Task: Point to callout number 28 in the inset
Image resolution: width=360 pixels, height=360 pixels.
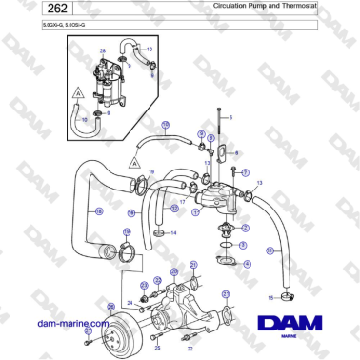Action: coord(103,50)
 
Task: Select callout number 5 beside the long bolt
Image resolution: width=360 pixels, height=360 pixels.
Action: coord(230,116)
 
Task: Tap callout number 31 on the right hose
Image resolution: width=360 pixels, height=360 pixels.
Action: coord(270,250)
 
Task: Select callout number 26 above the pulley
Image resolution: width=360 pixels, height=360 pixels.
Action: coord(110,306)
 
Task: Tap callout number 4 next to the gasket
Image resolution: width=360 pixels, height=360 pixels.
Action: coord(248,263)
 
